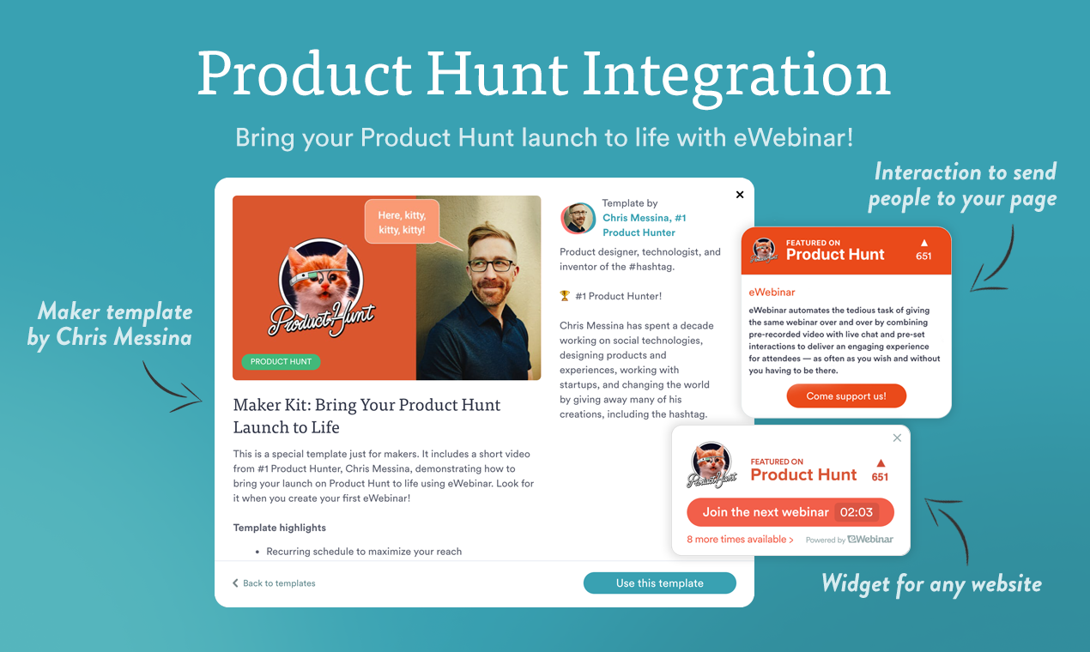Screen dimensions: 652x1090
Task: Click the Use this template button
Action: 659,583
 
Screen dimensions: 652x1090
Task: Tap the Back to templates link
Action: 274,583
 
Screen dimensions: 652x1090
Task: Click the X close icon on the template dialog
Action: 740,195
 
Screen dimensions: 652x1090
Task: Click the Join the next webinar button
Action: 765,512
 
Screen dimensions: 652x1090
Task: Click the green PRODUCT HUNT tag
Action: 281,362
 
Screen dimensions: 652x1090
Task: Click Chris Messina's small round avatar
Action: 578,218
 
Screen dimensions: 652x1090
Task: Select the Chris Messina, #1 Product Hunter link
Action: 644,225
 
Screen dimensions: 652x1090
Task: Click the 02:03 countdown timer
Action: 856,512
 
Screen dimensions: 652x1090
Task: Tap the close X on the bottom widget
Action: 897,438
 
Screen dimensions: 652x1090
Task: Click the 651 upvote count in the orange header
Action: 923,256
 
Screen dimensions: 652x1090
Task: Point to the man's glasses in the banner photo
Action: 490,266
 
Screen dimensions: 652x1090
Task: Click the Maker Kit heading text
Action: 366,415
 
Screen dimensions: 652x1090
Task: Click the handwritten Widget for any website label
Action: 931,585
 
